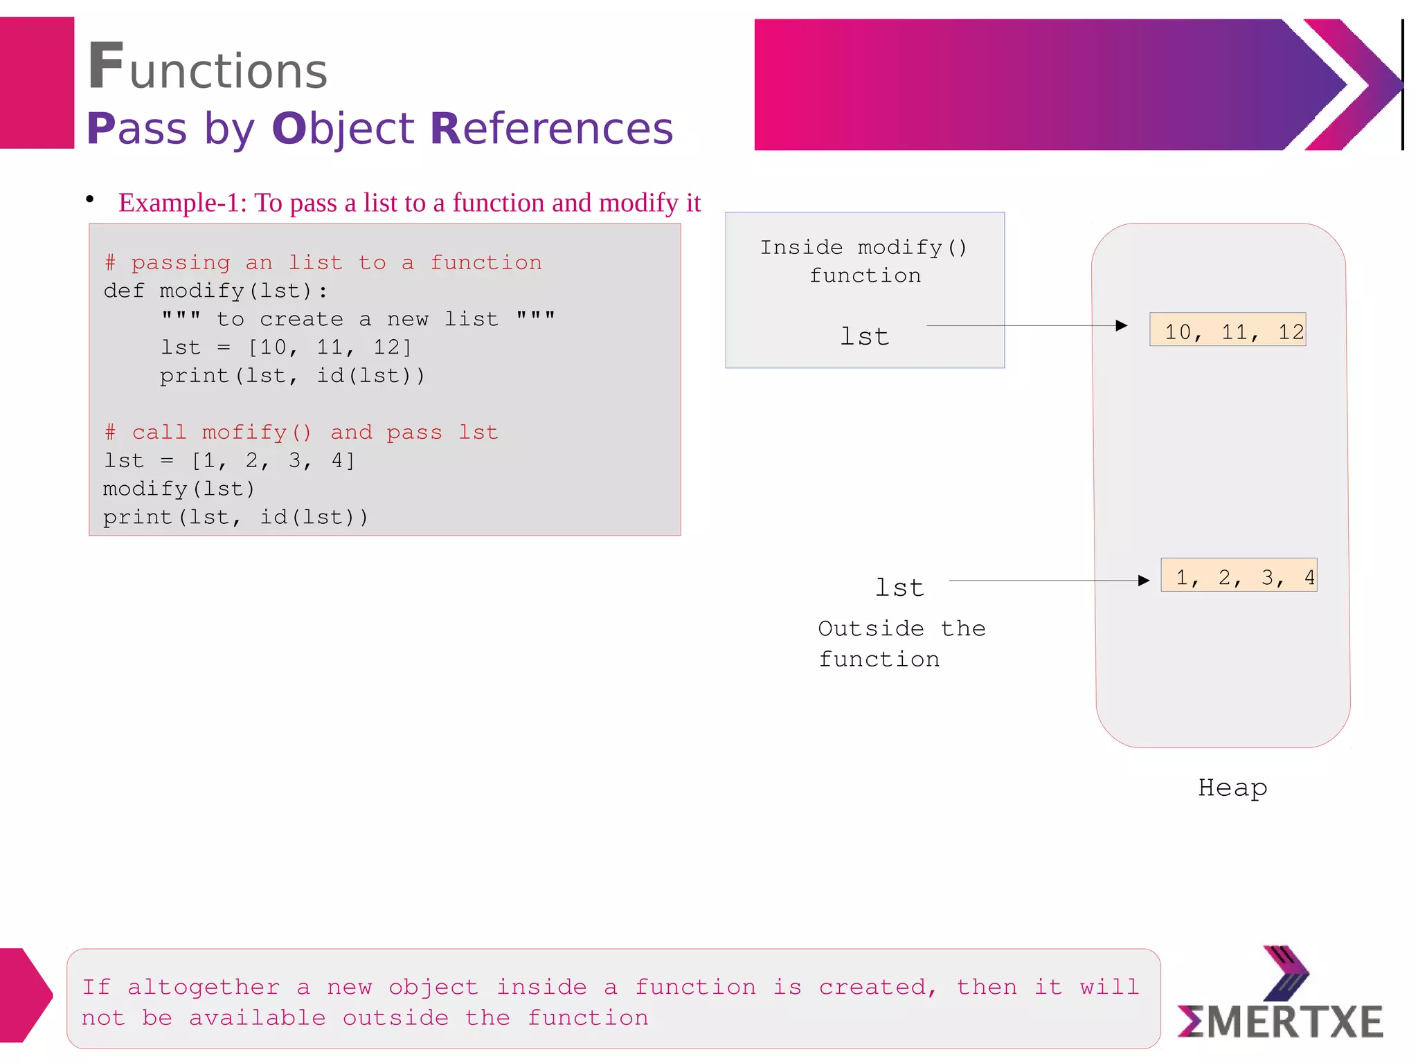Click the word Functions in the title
pos(208,68)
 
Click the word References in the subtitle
pos(551,129)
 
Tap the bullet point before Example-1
pos(90,199)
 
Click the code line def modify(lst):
pos(215,291)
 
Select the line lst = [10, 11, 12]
pos(286,347)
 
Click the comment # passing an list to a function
pos(323,262)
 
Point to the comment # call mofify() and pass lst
pos(301,433)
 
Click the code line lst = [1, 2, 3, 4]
pos(229,461)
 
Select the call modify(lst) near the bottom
pos(179,489)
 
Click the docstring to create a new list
pos(357,319)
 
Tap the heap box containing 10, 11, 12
pos(1228,331)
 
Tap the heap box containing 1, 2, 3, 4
pos(1239,576)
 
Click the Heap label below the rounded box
pos(1232,788)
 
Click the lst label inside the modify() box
pos(864,337)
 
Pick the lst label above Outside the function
pos(899,588)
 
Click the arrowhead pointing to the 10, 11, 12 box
pos(1122,326)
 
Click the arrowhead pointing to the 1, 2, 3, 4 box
pos(1144,581)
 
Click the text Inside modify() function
pos(864,262)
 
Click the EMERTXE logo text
pos(1281,1022)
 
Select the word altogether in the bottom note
pos(204,987)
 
